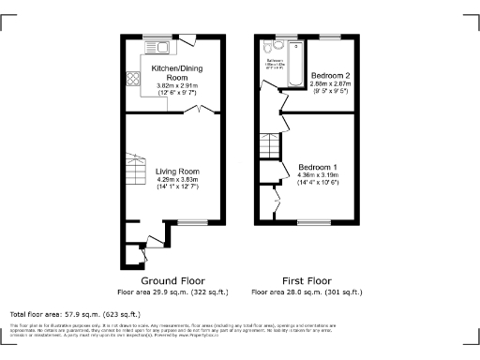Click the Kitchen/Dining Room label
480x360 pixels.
(178, 74)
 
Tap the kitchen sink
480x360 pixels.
(157, 46)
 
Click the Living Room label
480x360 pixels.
(178, 172)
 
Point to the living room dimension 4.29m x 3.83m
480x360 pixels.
(178, 180)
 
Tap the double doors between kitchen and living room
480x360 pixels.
(204, 112)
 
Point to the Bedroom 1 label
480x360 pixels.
(318, 167)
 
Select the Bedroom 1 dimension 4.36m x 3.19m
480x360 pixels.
(318, 175)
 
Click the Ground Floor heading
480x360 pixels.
(172, 280)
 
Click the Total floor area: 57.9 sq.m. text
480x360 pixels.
(75, 313)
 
